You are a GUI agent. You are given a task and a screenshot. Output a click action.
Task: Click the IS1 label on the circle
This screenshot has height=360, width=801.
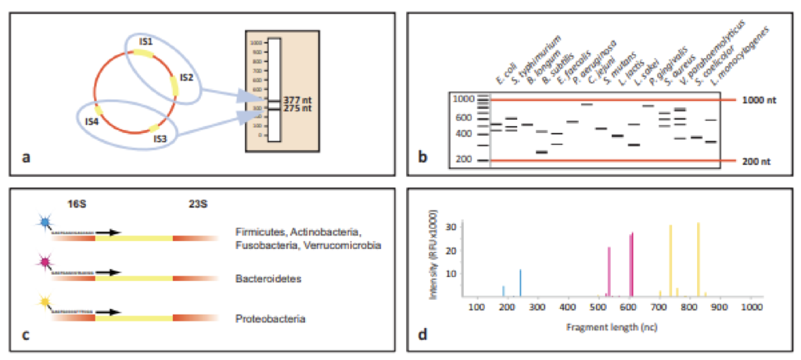coord(146,40)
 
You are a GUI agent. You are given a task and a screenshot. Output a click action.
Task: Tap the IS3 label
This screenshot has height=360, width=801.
coord(160,139)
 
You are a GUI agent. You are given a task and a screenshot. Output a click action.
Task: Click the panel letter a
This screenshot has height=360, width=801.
coord(27,157)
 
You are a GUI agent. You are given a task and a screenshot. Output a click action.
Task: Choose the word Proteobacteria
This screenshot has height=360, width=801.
coord(268,319)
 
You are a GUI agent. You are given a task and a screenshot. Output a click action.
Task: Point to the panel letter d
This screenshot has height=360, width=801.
coord(422,337)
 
